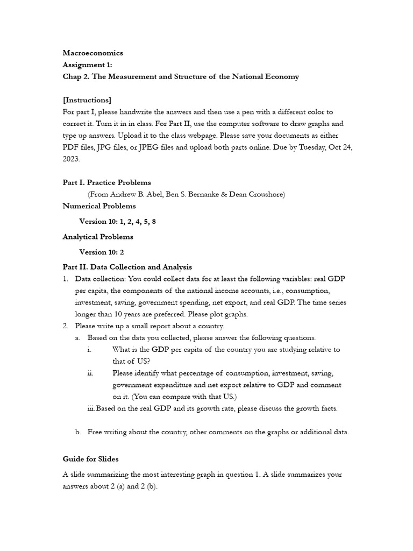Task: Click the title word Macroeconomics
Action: pos(93,53)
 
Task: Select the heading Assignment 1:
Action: pos(88,65)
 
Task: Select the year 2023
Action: pos(71,159)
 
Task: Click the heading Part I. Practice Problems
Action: pos(107,182)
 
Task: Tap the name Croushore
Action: pos(264,194)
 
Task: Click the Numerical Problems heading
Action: pos(99,206)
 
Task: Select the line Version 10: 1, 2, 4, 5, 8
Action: pos(118,221)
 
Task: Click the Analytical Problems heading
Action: pos(98,237)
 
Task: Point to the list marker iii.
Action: pos(91,408)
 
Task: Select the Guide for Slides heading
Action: pos(91,459)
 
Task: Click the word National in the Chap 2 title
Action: pos(248,76)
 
